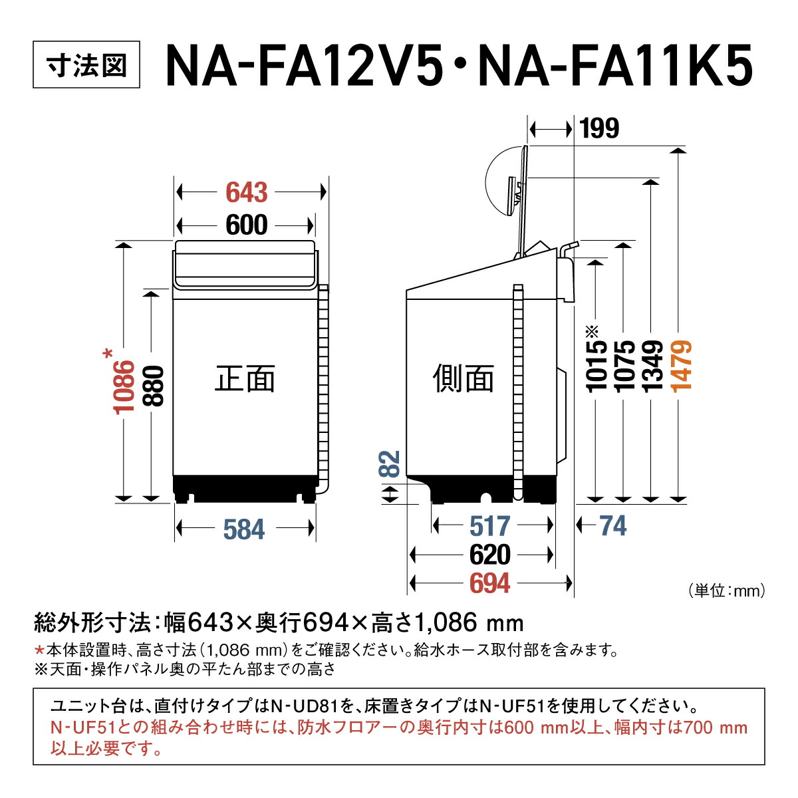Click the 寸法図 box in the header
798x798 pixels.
pos(86,66)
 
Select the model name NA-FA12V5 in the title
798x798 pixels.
pos(303,66)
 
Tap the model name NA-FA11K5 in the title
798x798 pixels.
pos(615,66)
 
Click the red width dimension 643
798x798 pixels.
pos(247,193)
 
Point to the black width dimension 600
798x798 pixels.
pos(247,225)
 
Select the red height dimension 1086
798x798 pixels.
pos(124,386)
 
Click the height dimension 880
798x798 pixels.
pos(153,386)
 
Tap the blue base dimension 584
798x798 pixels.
pos(244,530)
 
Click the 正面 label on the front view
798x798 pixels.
pos(245,379)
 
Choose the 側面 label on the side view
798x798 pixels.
pos(464,379)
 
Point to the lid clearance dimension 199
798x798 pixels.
pos(598,128)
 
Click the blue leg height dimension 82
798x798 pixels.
pos(390,464)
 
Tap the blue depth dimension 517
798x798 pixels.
pos(490,526)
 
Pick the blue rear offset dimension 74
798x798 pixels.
pos(612,526)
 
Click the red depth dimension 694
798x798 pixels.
pos(490,583)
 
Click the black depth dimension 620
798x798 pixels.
pos(490,555)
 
